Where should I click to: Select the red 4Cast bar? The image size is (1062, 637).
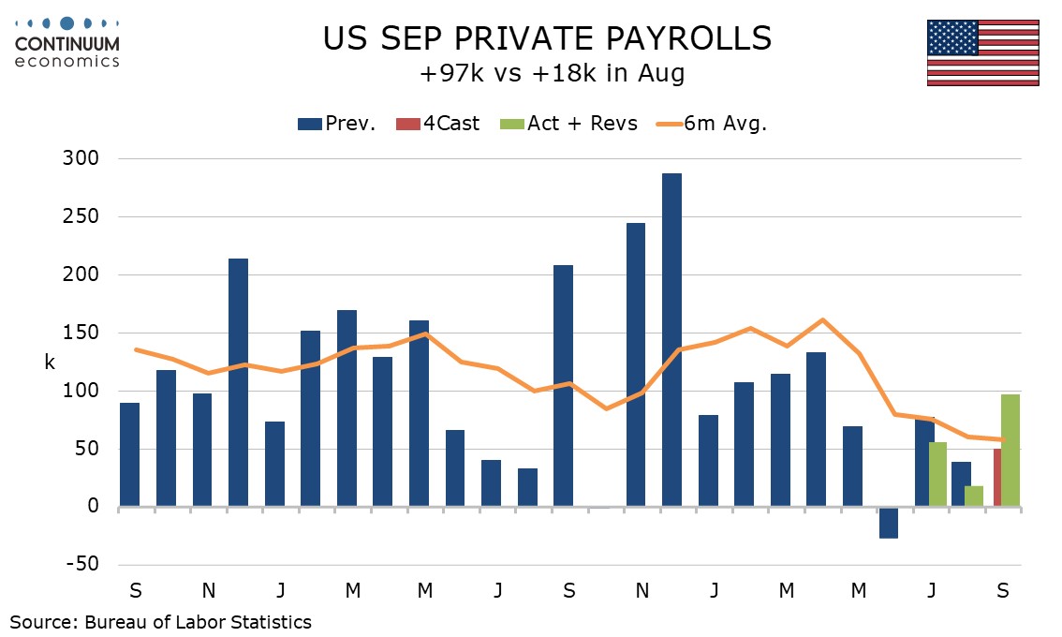point(996,478)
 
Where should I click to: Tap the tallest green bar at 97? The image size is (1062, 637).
point(1010,451)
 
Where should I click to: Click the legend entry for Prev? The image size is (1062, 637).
point(337,123)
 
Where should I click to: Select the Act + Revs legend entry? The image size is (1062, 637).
point(571,123)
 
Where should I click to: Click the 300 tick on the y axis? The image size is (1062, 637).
point(81,159)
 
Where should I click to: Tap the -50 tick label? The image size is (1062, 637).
point(81,565)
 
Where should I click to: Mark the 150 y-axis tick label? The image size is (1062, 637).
point(81,333)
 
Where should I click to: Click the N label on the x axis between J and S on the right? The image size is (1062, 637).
point(642,591)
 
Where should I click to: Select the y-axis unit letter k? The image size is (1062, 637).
point(50,363)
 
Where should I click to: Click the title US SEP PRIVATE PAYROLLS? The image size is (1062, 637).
point(547,38)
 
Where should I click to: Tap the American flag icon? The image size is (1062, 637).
point(982,52)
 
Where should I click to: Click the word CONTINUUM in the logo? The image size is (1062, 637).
point(66,43)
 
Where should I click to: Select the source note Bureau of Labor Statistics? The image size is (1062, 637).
point(160,621)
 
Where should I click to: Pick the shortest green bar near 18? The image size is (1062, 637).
point(973,496)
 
